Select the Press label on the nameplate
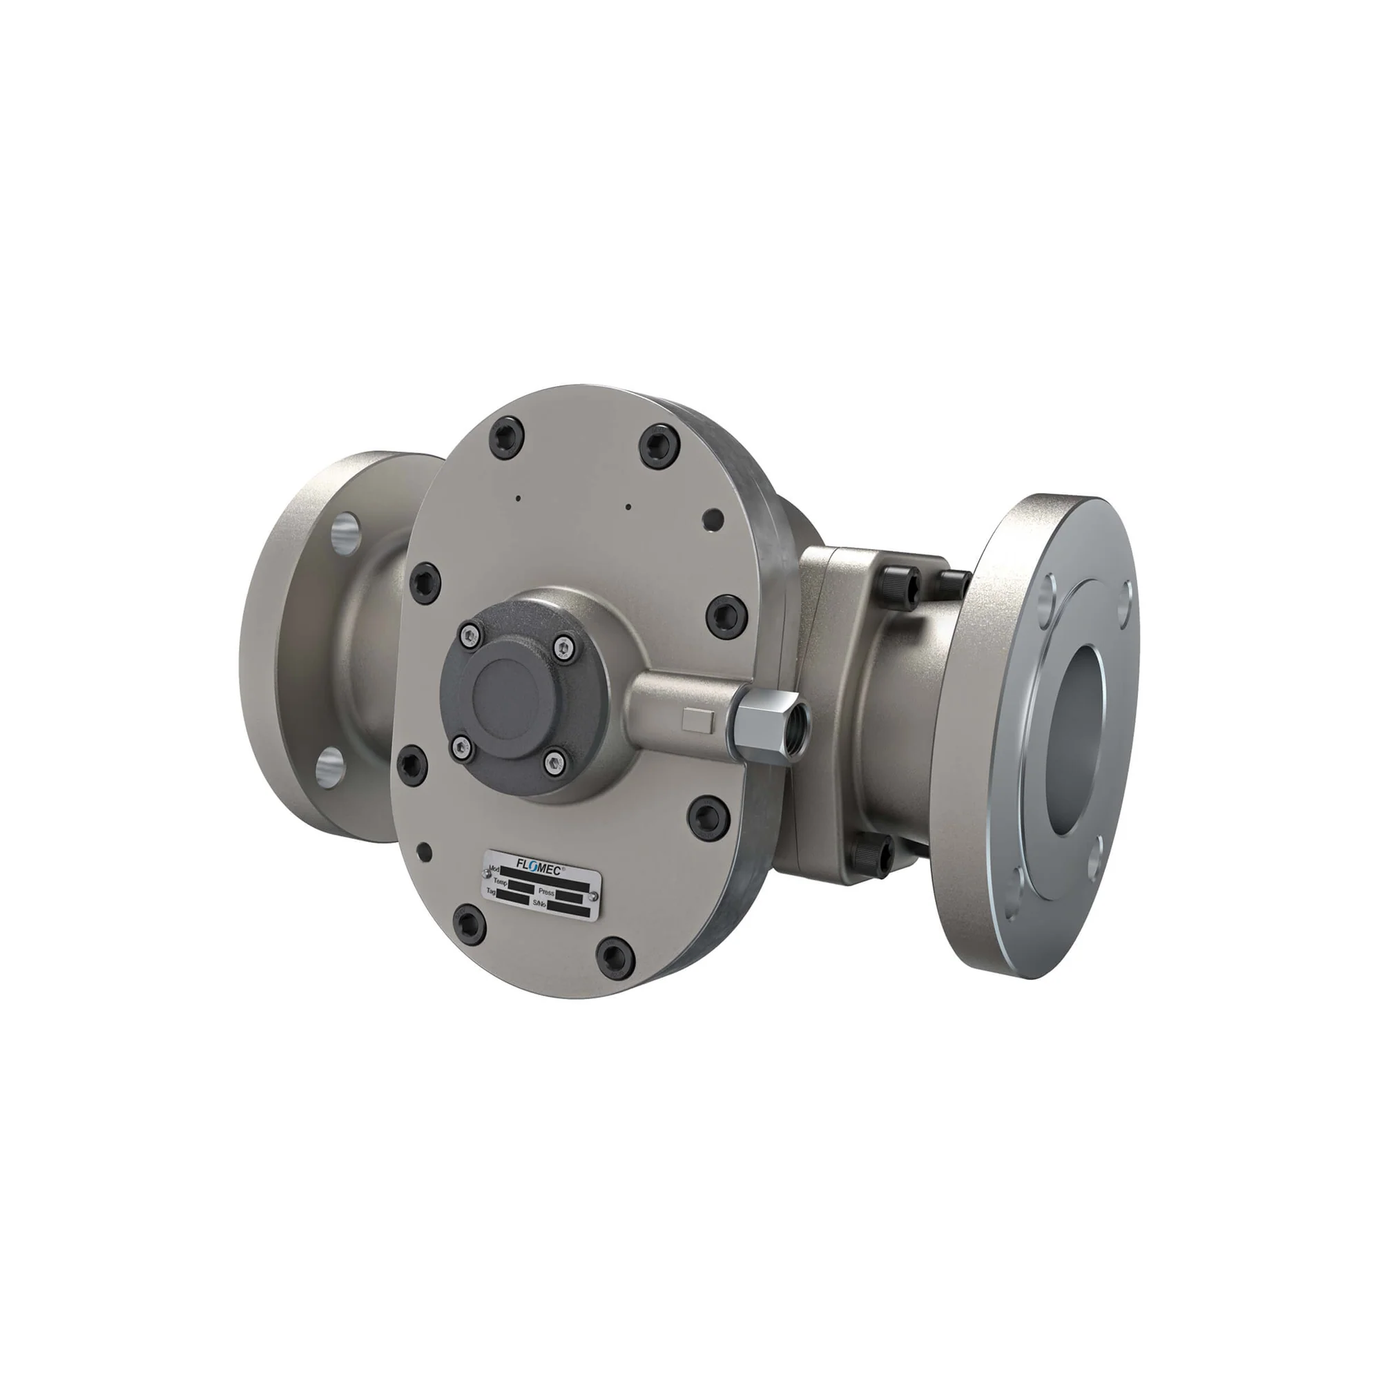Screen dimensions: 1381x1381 (x=547, y=893)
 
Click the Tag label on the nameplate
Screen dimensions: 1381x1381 (x=491, y=892)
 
